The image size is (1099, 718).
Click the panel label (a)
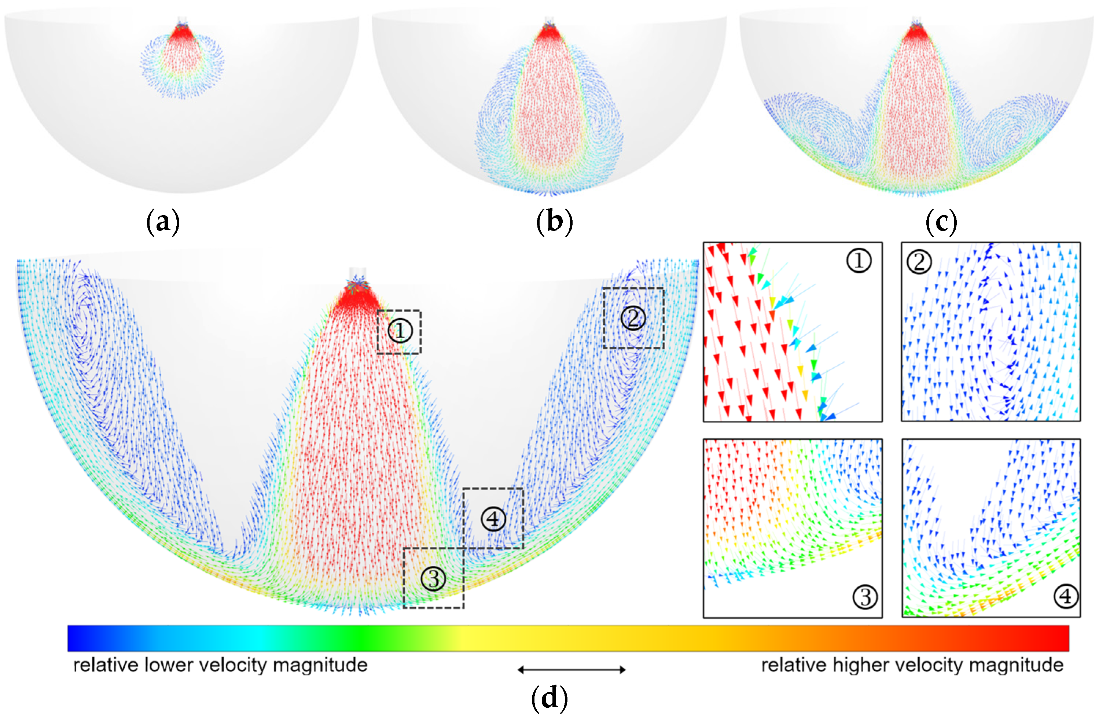click(162, 222)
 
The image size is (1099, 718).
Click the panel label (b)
click(555, 222)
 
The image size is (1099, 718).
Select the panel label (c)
click(941, 222)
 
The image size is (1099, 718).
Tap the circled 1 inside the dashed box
click(400, 331)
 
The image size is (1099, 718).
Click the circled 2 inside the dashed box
click(633, 318)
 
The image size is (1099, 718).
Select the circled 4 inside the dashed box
click(493, 519)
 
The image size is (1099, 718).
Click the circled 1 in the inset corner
click(859, 261)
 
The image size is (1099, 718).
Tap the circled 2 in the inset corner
click(919, 262)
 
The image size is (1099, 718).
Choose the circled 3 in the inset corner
click(865, 597)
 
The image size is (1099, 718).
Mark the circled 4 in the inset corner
click(1065, 597)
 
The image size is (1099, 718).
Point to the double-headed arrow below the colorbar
click(571, 670)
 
